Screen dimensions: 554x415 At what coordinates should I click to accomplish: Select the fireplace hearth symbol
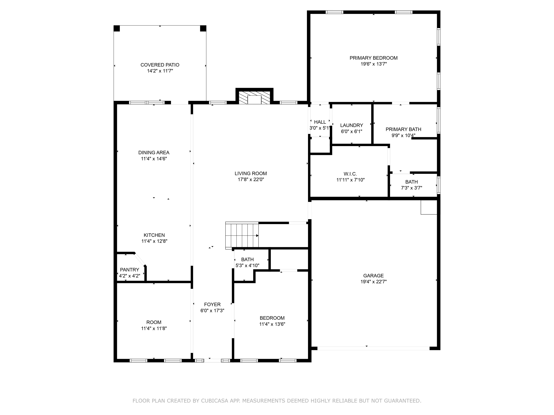coord(254,98)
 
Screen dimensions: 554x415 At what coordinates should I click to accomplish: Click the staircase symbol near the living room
coord(242,235)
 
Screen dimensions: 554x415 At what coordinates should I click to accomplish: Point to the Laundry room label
coord(351,125)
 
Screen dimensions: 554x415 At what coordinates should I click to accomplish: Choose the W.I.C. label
coord(350,174)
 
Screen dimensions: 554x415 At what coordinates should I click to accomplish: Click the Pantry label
coord(129,270)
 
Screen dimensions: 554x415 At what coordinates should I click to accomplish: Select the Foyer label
coord(212,305)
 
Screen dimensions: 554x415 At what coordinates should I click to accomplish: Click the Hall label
coord(320,122)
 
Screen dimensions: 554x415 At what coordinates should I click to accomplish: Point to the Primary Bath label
coord(403,129)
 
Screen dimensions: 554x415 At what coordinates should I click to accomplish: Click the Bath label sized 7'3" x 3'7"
coord(411,182)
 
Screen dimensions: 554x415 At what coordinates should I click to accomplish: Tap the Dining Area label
coord(154,153)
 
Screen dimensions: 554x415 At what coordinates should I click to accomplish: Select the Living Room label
coord(251,173)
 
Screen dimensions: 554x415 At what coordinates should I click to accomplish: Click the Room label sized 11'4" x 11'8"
coord(154,322)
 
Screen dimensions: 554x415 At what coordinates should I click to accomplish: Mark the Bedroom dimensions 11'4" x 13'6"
coord(272,324)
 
